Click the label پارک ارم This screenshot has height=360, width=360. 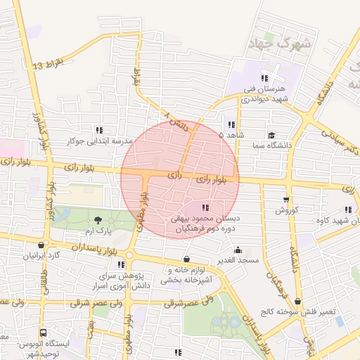coord(98,231)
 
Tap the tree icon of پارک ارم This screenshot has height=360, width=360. coord(98,220)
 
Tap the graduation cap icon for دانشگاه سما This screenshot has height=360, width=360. coord(271,135)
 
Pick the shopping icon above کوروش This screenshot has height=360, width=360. coord(286,199)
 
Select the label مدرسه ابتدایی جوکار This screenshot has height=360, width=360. coord(99,141)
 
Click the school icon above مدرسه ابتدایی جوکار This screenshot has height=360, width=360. coord(99,129)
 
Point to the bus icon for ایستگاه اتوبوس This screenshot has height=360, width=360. coord(44,333)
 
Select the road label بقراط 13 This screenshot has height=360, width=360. coord(49,65)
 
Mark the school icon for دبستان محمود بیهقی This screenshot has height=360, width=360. coord(205,207)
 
